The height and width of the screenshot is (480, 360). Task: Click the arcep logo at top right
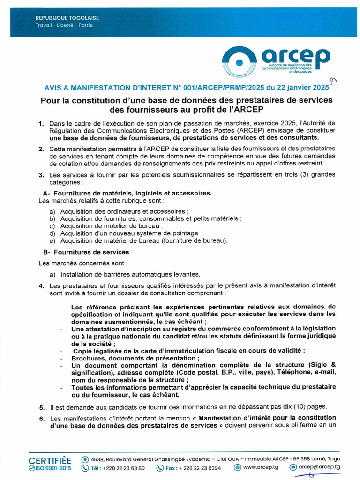[x=276, y=60]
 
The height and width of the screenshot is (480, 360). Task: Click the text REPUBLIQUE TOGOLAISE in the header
[x=67, y=18]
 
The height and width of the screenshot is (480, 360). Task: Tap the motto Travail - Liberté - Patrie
[x=64, y=25]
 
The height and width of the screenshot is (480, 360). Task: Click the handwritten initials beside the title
[x=334, y=82]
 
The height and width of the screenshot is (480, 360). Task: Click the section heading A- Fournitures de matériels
[x=127, y=193]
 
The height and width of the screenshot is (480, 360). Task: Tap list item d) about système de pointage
[x=129, y=233]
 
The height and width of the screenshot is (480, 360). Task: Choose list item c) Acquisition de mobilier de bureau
[x=112, y=226]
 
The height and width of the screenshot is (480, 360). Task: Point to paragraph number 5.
[x=42, y=407]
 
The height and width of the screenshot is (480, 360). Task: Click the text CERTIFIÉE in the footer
[x=50, y=460]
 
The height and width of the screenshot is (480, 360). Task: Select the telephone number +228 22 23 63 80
[x=124, y=468]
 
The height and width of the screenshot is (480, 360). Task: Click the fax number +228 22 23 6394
[x=199, y=468]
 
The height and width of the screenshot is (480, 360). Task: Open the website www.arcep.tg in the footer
[x=261, y=467]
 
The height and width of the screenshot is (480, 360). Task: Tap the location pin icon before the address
[x=85, y=459]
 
